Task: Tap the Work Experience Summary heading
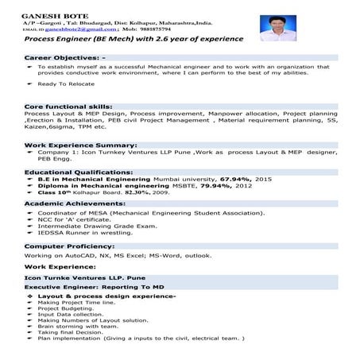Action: (x=82, y=146)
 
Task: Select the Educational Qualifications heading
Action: (x=78, y=172)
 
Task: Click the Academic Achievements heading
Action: (x=76, y=203)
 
